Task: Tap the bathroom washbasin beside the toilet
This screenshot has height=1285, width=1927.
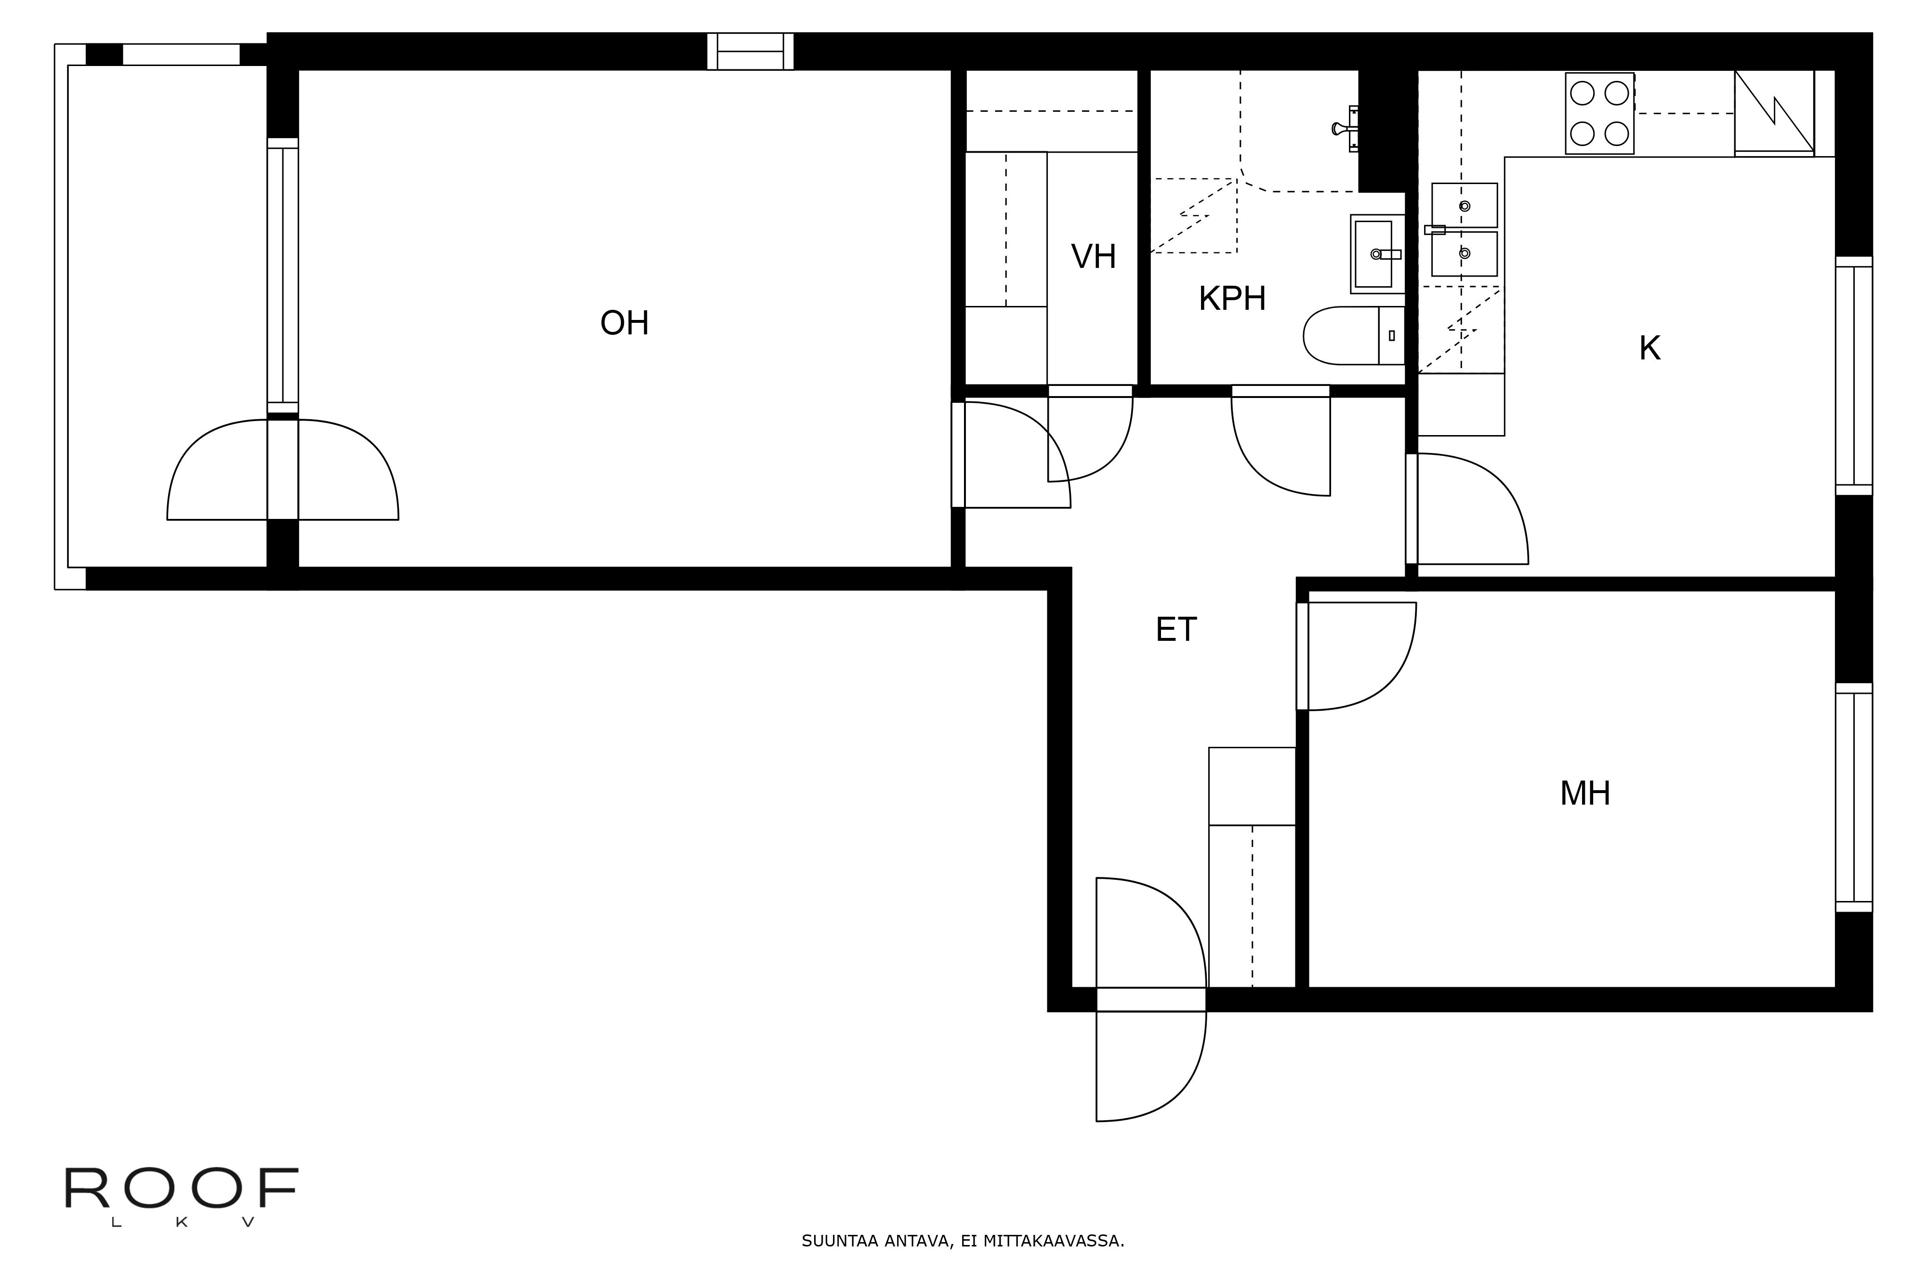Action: (1376, 254)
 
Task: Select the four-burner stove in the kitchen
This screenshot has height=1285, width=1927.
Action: (1598, 113)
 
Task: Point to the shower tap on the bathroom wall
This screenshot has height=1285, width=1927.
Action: (1344, 129)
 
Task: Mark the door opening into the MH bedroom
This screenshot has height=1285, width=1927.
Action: (1360, 656)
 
